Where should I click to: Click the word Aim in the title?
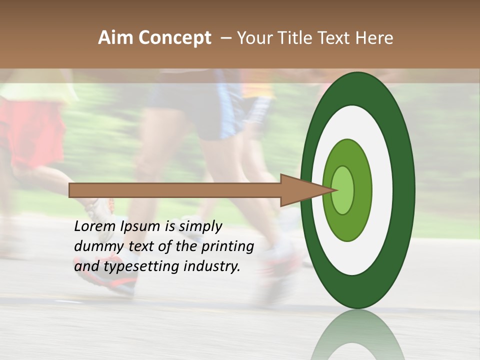click(116, 38)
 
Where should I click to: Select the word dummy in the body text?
click(95, 246)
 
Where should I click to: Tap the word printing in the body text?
click(227, 246)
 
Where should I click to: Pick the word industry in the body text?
click(212, 266)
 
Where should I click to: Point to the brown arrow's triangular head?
click(300, 190)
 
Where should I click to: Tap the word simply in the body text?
click(200, 226)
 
